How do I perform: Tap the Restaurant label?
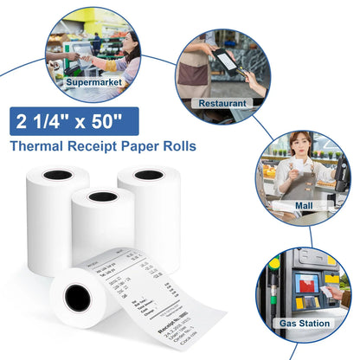point(222,102)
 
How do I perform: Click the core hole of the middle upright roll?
point(103,196)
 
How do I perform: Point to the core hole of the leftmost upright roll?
point(58,175)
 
